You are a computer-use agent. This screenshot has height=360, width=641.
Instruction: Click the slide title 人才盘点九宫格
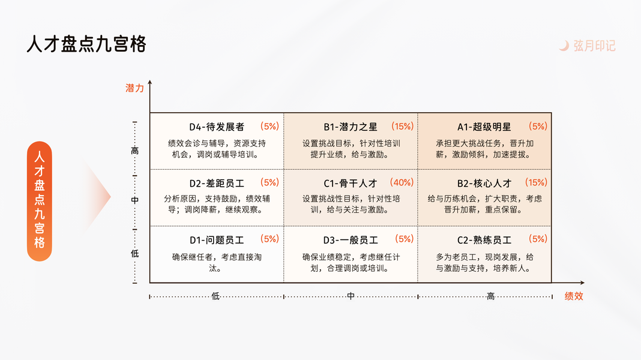[86, 44]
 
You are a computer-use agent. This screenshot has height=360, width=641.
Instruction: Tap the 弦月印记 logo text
[594, 46]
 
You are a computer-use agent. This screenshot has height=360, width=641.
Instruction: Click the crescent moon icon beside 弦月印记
[564, 46]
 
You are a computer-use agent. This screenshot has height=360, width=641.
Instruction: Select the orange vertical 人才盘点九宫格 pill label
[40, 201]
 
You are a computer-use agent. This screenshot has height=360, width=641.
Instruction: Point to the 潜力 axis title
[134, 88]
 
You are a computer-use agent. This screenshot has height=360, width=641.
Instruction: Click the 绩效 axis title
[574, 296]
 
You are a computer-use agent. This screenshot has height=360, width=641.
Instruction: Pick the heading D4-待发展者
[217, 127]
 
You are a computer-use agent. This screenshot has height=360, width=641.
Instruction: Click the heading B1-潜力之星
[351, 127]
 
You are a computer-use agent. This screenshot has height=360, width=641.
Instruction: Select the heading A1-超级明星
[484, 127]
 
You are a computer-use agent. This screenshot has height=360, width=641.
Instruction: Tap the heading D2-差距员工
[217, 184]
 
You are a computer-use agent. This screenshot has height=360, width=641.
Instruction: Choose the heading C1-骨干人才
[351, 184]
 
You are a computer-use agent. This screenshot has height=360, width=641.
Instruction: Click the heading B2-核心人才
[484, 184]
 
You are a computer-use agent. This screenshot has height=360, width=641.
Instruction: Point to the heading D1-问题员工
[217, 240]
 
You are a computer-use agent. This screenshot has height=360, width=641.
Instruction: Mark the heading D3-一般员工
[351, 240]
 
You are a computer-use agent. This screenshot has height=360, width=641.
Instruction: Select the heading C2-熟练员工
[484, 240]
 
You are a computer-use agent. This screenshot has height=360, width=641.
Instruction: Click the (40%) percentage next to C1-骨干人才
[402, 182]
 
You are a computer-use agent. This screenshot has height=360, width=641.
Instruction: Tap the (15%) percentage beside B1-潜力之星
[402, 126]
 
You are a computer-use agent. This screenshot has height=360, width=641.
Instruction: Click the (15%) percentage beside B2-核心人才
[536, 182]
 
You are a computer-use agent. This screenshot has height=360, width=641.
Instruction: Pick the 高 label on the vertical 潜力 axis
[134, 151]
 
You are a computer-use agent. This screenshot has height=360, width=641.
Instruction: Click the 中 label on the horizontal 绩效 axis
[351, 296]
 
